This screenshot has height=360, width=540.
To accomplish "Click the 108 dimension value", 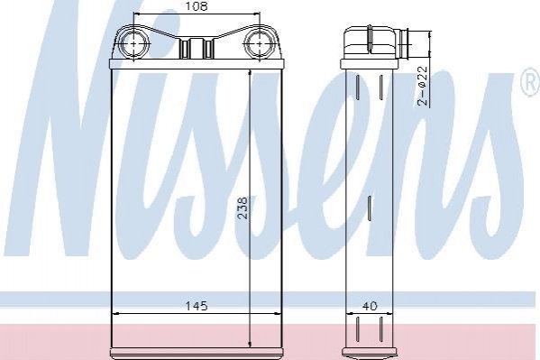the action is [197, 6].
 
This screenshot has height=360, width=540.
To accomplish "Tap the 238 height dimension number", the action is [243, 208].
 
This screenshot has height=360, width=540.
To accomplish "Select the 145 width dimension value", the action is [197, 306].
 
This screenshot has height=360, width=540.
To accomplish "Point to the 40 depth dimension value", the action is [370, 306].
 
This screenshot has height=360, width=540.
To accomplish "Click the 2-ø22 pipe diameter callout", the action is [422, 86].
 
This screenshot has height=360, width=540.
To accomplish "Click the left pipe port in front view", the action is [134, 44].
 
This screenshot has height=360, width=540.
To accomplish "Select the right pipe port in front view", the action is [260, 44].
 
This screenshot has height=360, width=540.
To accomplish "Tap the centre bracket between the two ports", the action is [197, 48].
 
